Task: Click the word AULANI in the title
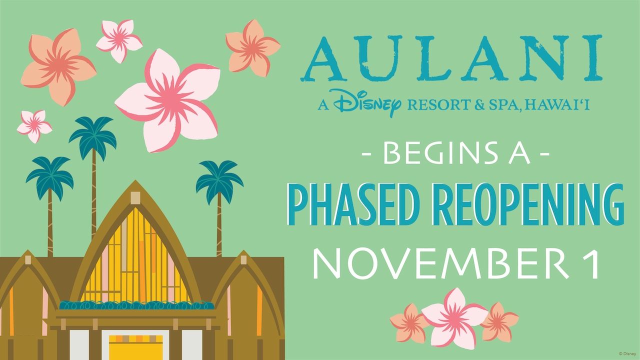[x=451, y=59]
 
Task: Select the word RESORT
[x=434, y=105]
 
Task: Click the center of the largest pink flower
[x=169, y=98]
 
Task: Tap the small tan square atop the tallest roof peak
[x=134, y=198]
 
